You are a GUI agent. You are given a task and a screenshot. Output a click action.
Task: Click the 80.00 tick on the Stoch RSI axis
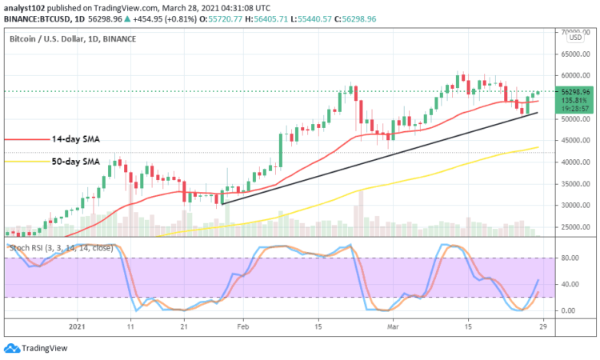click(570, 258)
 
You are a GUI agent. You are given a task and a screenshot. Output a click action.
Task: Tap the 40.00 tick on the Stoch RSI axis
click(570, 284)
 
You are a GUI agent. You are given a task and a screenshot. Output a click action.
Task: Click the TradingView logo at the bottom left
click(38, 349)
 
